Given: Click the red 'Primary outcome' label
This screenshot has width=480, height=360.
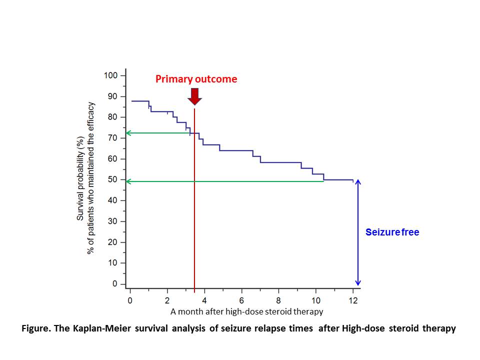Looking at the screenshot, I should pos(196,79).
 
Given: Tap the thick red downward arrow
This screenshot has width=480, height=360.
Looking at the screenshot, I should pos(194,96).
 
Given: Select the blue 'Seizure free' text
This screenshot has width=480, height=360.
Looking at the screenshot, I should pos(392,232).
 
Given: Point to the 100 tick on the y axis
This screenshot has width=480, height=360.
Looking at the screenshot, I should pos(111,75).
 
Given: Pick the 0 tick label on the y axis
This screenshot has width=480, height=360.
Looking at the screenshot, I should pos(115,284).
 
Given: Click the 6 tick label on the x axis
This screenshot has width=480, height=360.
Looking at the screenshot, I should pos(241,300).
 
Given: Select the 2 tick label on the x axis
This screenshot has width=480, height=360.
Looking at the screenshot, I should pos(167,300).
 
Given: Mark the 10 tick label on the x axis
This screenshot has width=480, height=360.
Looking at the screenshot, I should pos(315,300).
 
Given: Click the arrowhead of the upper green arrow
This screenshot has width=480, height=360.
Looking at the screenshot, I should pos(128,133).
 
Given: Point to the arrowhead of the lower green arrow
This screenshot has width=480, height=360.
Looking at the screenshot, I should pos(128,181).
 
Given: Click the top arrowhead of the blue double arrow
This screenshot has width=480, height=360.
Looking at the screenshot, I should pos(357,182).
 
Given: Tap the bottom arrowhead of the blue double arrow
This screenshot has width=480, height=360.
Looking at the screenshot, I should pos(357,283).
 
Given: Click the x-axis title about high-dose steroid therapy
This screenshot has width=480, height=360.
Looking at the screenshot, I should pos(247,311).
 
